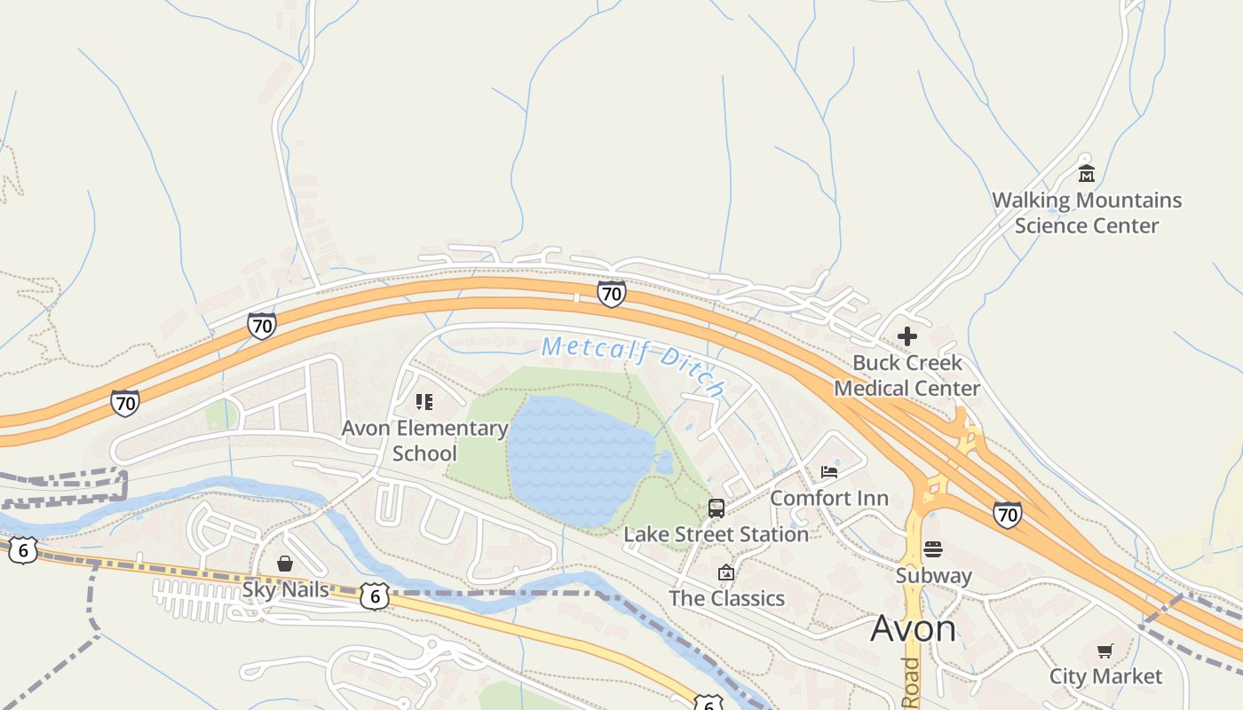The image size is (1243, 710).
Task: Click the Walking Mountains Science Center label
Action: point(1087,213)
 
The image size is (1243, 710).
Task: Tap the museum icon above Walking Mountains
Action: point(1086,172)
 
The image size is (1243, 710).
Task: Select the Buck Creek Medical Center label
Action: point(907,375)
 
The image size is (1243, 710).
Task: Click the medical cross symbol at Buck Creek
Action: point(907,336)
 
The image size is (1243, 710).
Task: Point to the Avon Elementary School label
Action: point(424,440)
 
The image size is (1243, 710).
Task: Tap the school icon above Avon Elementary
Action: point(424,402)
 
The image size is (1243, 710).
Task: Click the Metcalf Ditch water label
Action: point(633,362)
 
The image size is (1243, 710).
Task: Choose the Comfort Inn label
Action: point(828,498)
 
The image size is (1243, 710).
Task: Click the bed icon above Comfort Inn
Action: point(829,471)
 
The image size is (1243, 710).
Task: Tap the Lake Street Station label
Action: point(716,534)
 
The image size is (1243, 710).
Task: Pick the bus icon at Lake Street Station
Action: point(717,509)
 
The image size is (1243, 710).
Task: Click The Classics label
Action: point(726,598)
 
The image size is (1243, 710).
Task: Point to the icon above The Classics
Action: point(726,572)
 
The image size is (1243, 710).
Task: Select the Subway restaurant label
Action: point(933,575)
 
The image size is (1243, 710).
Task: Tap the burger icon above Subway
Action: point(933,548)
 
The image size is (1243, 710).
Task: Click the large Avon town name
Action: point(913,628)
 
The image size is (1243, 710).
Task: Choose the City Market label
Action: point(1105,676)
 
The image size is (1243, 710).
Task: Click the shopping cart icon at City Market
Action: point(1105,651)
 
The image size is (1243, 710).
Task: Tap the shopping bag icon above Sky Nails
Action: point(285,564)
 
